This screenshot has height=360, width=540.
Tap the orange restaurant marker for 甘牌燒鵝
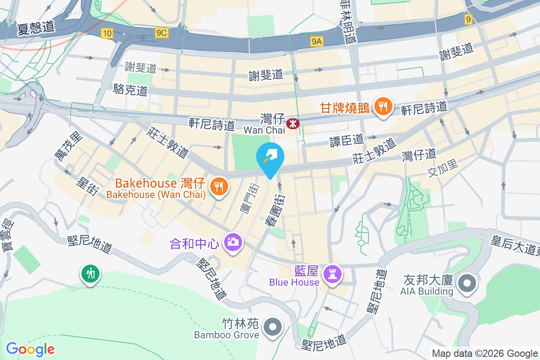[x=382, y=107]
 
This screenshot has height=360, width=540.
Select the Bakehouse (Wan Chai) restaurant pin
[x=219, y=187]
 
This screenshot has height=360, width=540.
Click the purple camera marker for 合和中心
[x=233, y=243]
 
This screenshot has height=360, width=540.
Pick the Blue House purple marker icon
[x=333, y=274]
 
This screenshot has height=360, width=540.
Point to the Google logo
[x=30, y=349]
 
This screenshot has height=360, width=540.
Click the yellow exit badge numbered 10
[x=107, y=33]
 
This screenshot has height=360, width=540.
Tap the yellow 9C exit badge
[x=161, y=33]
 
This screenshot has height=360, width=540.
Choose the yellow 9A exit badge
[x=317, y=41]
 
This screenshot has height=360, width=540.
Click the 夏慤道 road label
[x=36, y=28]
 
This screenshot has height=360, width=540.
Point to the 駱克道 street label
[x=130, y=90]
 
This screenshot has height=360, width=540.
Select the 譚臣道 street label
[x=346, y=140]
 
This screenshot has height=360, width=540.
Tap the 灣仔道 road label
[x=419, y=155]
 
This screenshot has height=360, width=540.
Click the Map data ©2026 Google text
[x=485, y=353]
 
